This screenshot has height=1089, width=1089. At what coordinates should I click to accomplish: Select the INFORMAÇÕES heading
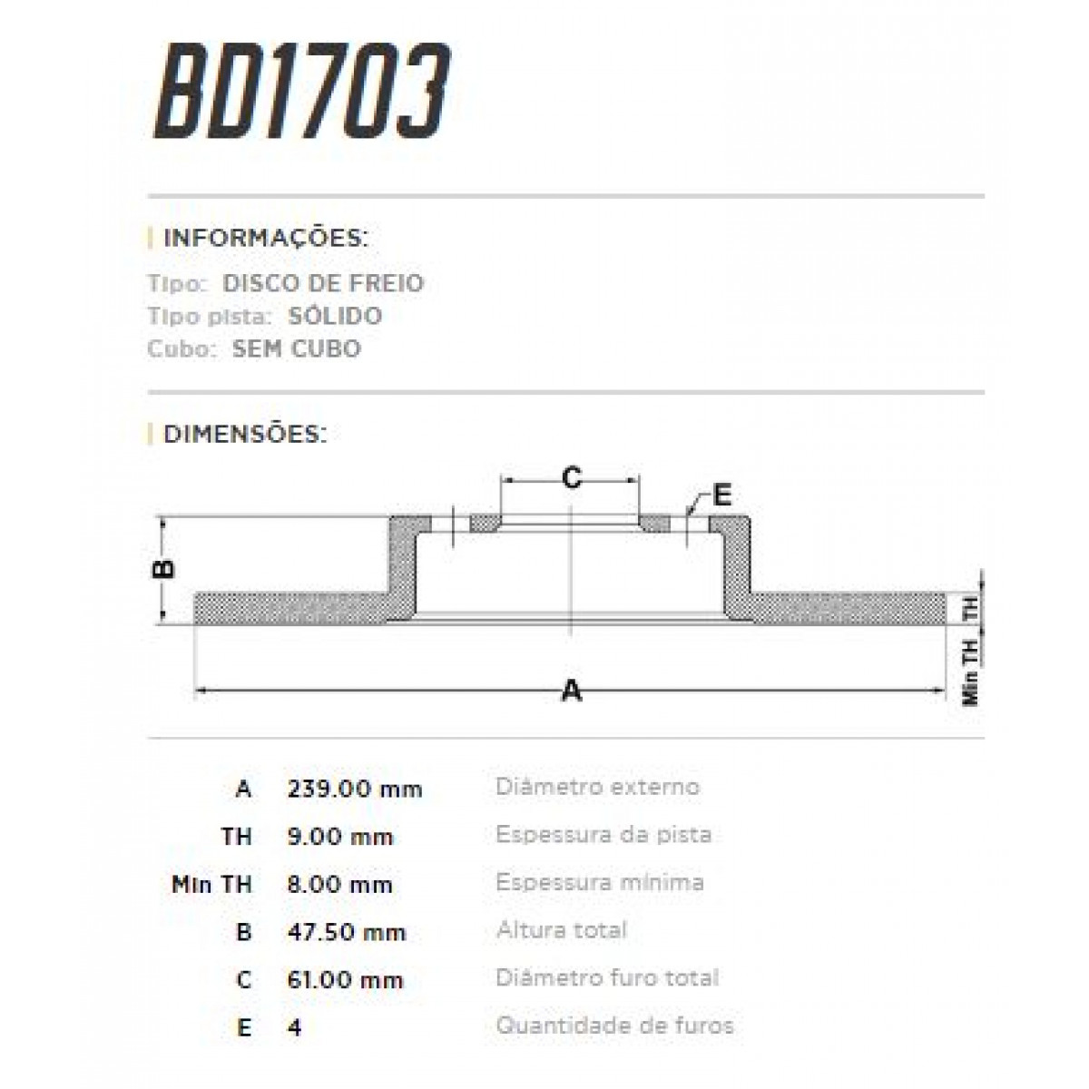click(x=265, y=239)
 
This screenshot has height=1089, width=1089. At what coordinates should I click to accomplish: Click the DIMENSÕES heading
click(x=244, y=434)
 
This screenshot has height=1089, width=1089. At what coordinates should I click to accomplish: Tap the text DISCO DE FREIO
click(x=323, y=283)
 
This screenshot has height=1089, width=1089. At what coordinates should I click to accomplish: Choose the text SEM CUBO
click(x=296, y=348)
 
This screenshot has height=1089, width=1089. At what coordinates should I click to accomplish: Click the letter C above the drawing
click(x=571, y=476)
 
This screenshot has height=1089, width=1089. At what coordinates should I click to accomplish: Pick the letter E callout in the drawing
click(x=721, y=495)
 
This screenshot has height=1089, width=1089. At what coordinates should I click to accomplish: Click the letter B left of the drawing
click(x=162, y=569)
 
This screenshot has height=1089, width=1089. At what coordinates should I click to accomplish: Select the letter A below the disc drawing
click(x=571, y=692)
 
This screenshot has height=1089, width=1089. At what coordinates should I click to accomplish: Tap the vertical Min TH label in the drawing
click(x=971, y=672)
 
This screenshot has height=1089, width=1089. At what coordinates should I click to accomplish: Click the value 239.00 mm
click(x=355, y=789)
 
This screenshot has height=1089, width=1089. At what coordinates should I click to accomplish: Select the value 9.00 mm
click(x=339, y=837)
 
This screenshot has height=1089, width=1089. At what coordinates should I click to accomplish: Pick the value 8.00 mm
click(x=339, y=885)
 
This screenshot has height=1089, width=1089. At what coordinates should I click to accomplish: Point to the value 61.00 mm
click(x=345, y=980)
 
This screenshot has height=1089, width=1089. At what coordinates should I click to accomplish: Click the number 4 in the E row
click(x=293, y=1028)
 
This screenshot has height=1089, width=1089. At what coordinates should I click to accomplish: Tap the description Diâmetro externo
click(x=597, y=786)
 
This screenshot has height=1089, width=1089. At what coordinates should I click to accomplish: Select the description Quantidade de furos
click(x=614, y=1026)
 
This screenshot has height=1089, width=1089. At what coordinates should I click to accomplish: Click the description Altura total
click(x=561, y=930)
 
